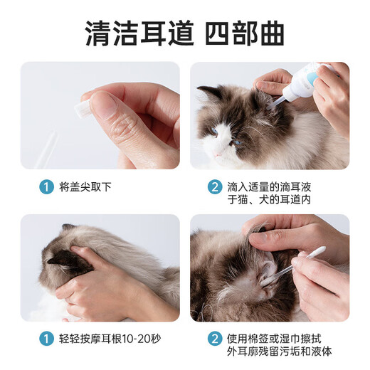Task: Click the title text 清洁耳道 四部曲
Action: (x=184, y=31)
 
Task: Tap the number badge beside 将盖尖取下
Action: (x=46, y=189)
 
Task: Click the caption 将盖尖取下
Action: (x=85, y=189)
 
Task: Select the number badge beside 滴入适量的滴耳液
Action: (x=214, y=188)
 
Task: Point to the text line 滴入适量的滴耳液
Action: (x=270, y=188)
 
